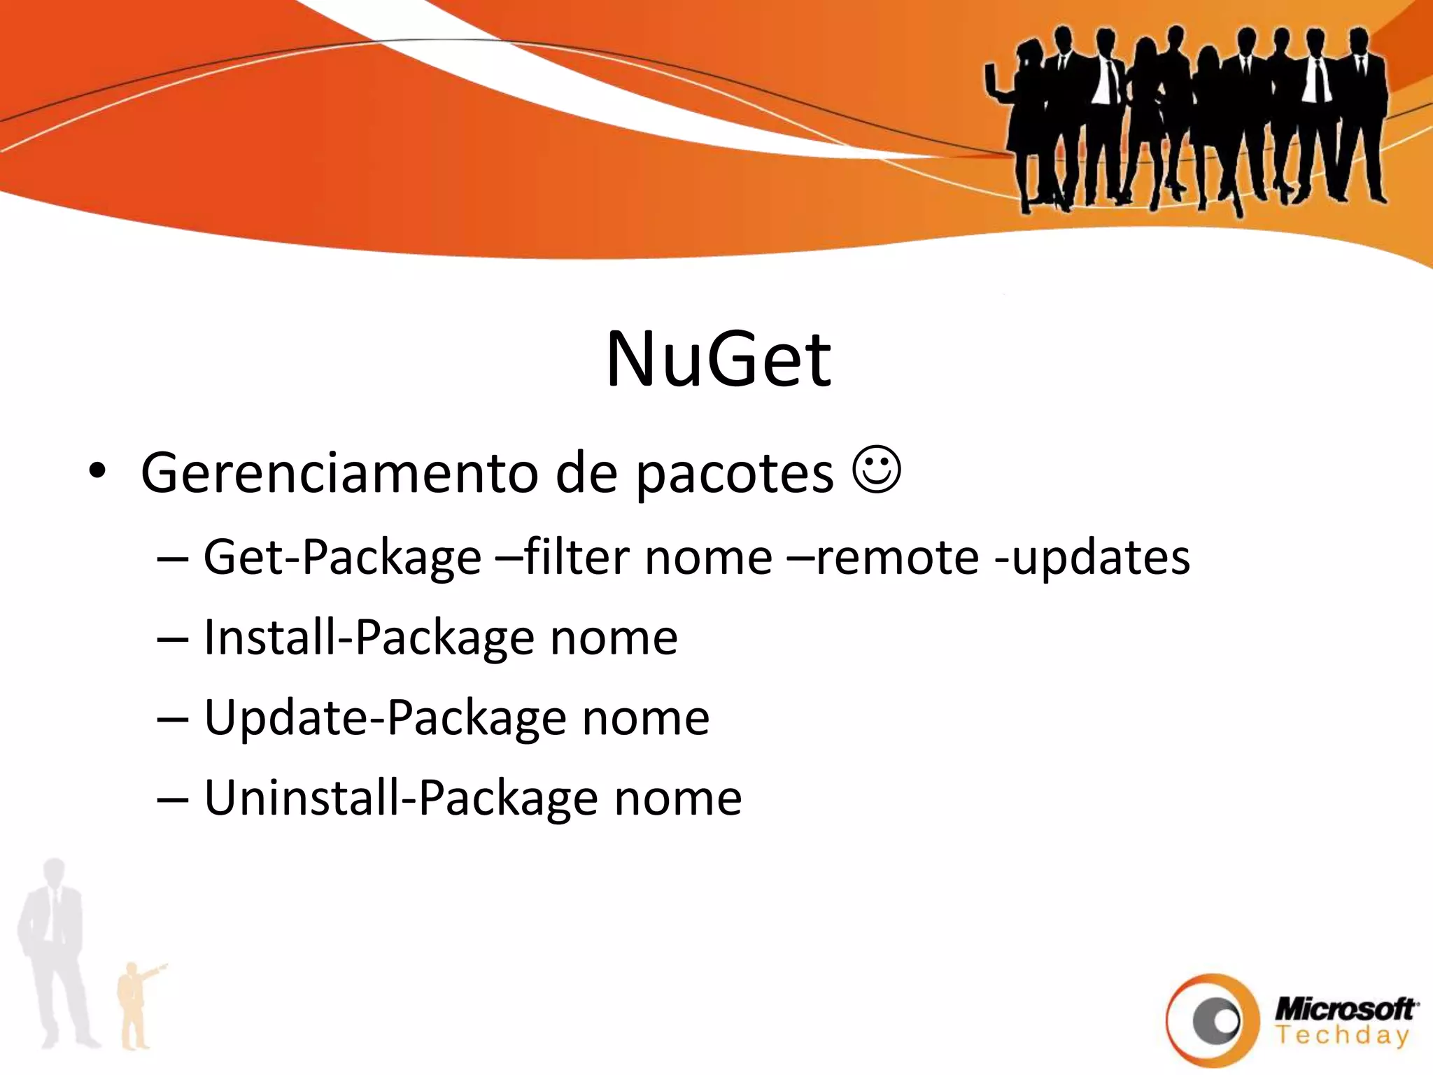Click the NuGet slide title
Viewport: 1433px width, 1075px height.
pos(719,359)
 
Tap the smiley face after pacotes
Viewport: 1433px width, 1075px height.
pos(877,470)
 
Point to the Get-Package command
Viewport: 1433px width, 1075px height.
pos(342,558)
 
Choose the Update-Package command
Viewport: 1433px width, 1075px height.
pos(386,719)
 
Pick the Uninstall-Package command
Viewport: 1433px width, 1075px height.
pos(402,799)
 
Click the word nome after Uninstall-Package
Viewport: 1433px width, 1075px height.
pos(677,799)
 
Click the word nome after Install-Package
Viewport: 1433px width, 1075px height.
pos(614,639)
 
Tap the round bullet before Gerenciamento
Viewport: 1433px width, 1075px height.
pos(97,472)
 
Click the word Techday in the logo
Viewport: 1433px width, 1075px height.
pos(1342,1034)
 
